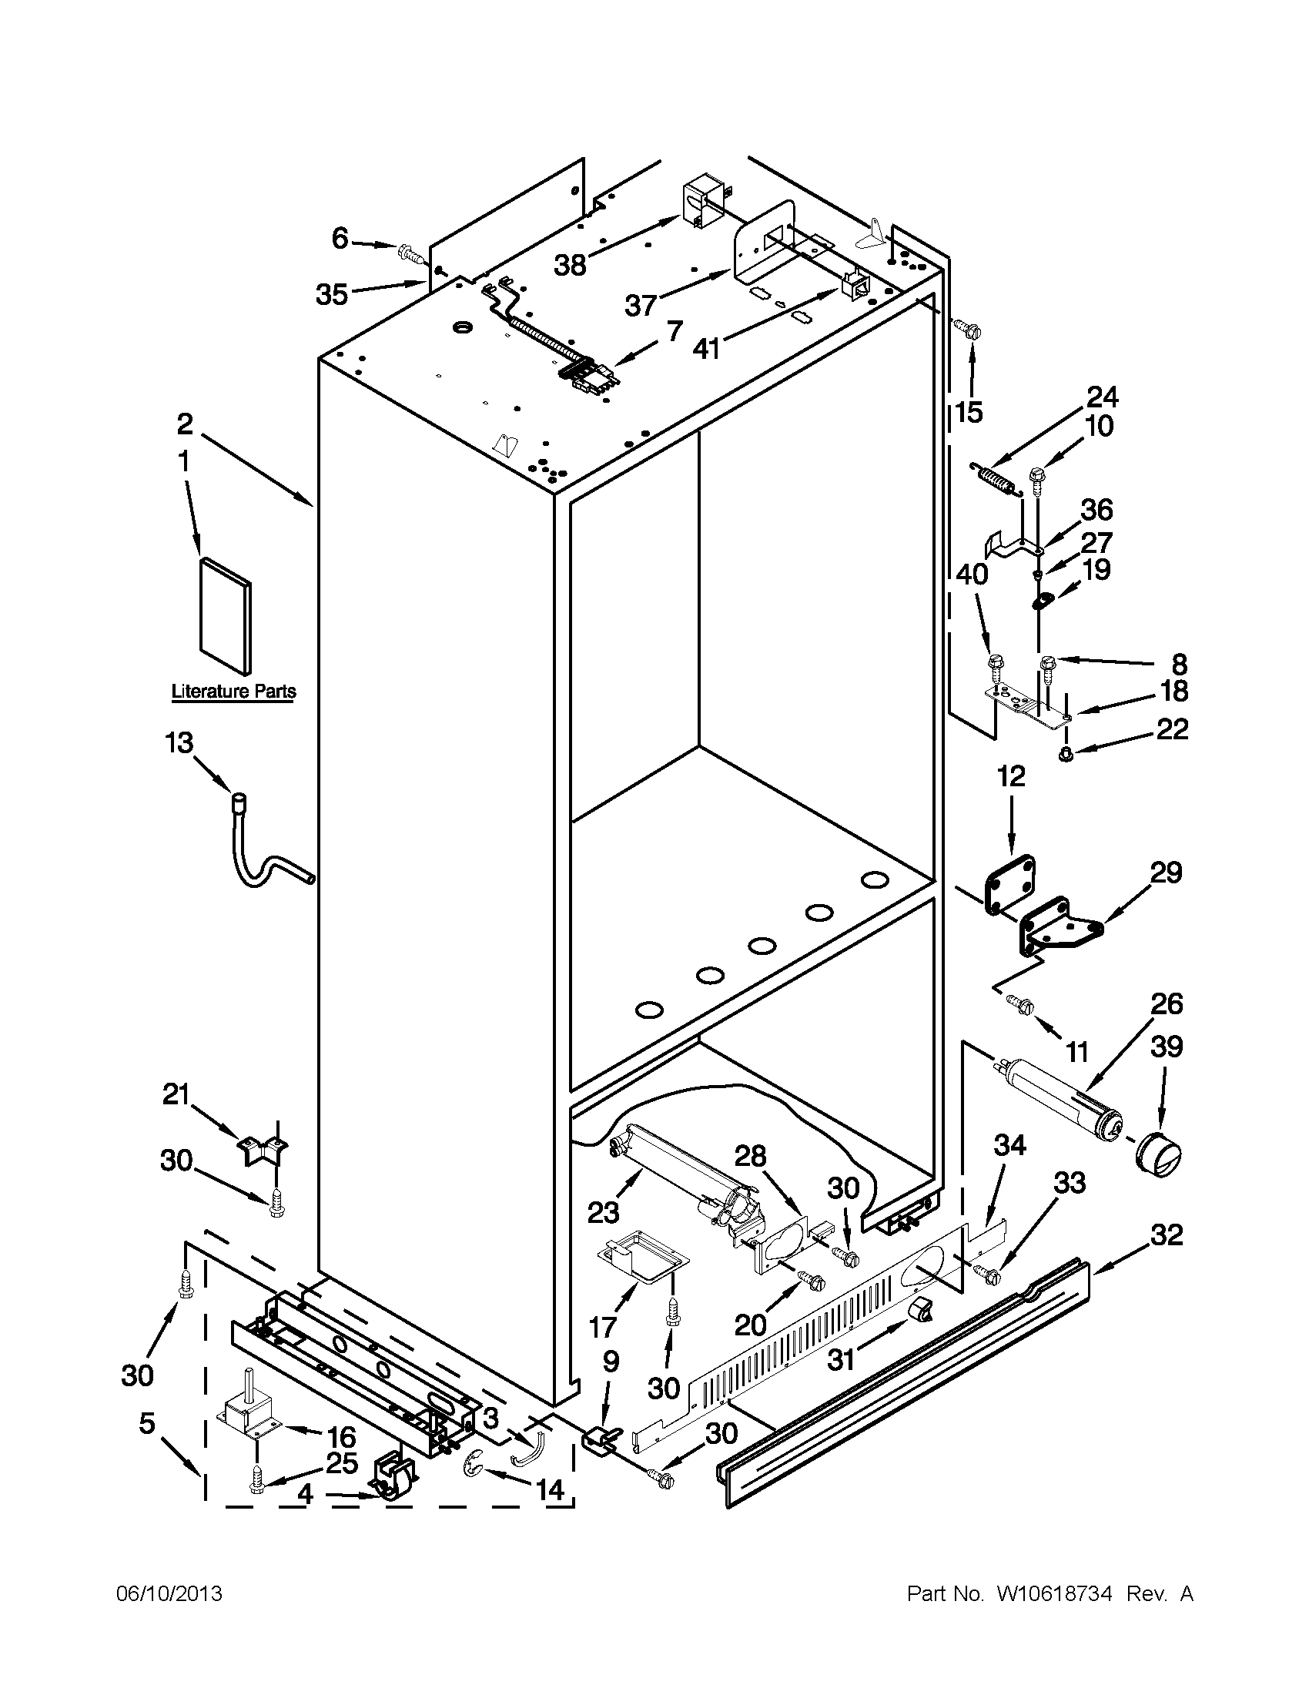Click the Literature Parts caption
(x=233, y=691)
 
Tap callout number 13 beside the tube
(x=179, y=742)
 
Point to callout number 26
(x=1167, y=1003)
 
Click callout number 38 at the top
(x=570, y=266)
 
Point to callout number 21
(x=176, y=1095)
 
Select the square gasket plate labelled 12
(x=1008, y=884)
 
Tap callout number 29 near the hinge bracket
(x=1167, y=873)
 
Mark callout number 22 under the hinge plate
(x=1171, y=729)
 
